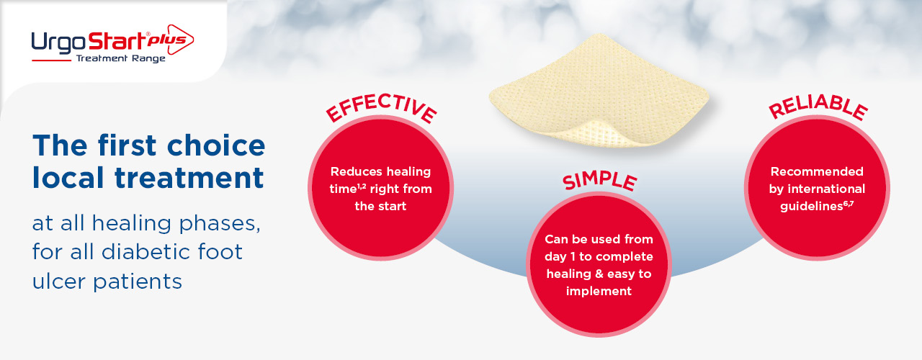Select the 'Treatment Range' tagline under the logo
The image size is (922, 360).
pos(120,58)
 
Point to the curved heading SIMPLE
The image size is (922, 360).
pos(600,181)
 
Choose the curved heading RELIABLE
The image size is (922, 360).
pos(818,107)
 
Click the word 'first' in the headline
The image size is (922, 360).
pos(127,145)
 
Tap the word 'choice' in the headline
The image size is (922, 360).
pos(216,145)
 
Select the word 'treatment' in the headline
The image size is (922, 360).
pos(189,178)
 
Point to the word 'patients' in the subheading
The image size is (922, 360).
pos(138,282)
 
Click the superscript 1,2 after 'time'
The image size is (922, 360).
pos(362,186)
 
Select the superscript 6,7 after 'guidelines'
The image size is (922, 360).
pos(849,203)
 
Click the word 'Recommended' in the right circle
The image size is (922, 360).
pos(817,171)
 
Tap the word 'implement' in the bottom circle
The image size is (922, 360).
pos(599,292)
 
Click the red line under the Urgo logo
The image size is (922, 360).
pos(51,61)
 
